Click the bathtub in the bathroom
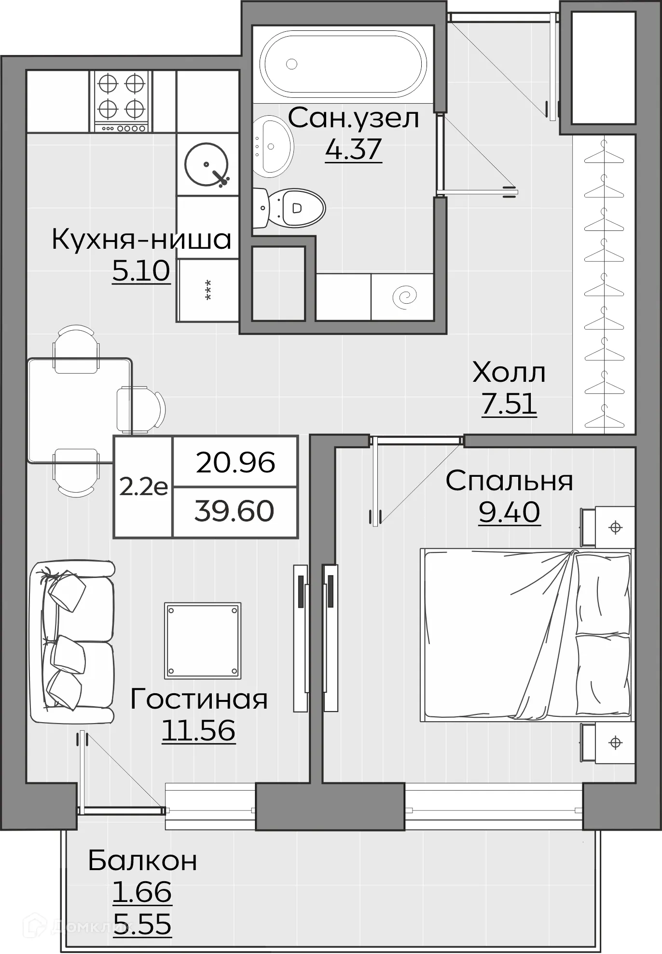(343, 63)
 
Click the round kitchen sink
(207, 164)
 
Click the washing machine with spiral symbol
(402, 297)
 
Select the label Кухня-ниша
(141, 240)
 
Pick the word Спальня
(509, 481)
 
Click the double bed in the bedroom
(526, 635)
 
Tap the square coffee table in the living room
(203, 641)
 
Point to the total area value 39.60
(234, 511)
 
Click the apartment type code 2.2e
(143, 487)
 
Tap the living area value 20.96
(235, 462)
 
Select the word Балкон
(143, 860)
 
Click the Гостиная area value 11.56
(198, 730)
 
